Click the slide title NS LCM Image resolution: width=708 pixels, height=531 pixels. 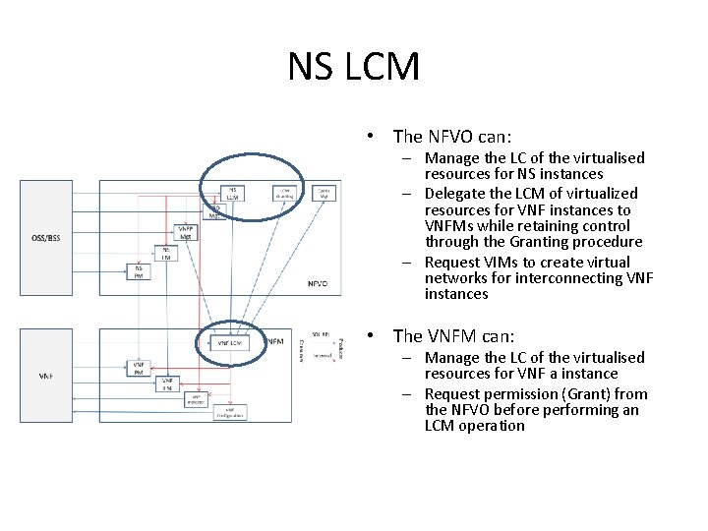click(x=354, y=67)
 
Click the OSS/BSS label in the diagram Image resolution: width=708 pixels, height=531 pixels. click(x=45, y=237)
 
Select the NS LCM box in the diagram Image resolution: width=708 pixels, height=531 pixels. click(x=232, y=193)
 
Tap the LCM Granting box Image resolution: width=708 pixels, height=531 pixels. click(x=284, y=193)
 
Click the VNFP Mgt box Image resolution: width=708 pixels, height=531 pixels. click(x=185, y=233)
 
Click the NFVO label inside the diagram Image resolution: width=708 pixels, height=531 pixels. click(x=317, y=283)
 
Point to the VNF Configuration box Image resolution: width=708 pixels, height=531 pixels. click(x=229, y=413)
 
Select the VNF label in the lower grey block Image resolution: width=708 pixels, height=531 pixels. click(x=45, y=376)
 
